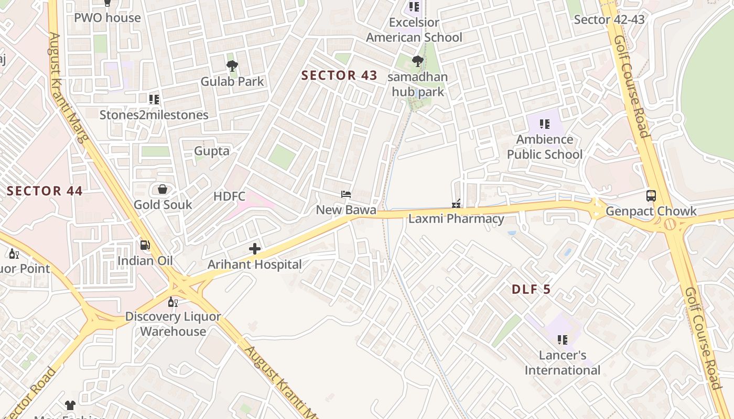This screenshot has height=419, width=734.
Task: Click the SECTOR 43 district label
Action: click(339, 75)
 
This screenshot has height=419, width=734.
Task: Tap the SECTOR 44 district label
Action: click(45, 191)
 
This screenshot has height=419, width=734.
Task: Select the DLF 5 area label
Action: click(531, 289)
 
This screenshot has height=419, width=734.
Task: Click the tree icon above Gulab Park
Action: click(232, 66)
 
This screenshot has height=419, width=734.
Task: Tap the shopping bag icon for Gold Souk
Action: click(163, 189)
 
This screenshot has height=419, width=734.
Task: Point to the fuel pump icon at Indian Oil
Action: click(145, 245)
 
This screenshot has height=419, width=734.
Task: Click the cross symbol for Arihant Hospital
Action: click(255, 249)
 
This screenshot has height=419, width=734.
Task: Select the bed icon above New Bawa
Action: click(346, 194)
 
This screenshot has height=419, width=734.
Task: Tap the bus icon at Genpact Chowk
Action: click(651, 196)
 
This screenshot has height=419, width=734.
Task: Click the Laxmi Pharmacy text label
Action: click(456, 219)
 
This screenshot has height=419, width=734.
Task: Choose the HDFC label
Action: click(229, 196)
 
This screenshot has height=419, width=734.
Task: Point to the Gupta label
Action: click(212, 151)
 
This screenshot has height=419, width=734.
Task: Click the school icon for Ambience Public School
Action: click(545, 124)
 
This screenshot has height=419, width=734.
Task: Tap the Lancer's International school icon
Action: click(563, 340)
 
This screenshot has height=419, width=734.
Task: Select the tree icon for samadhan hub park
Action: click(417, 62)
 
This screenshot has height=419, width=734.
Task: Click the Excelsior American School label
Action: click(414, 30)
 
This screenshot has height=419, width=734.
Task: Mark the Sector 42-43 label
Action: click(609, 20)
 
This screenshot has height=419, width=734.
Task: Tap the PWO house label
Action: click(107, 18)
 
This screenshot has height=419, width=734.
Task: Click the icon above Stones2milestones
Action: click(154, 99)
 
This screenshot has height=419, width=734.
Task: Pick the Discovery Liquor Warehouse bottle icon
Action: click(172, 302)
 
